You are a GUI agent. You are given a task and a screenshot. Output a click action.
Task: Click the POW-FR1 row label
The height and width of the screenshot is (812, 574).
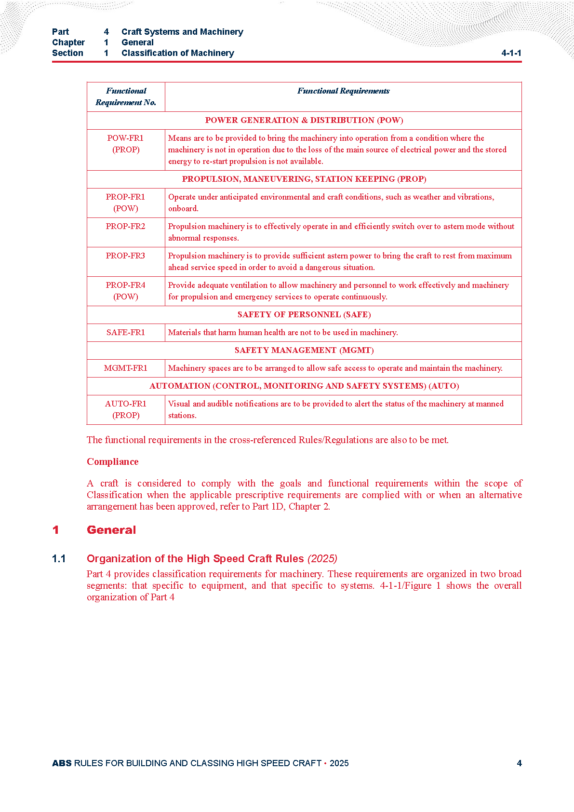click(125, 138)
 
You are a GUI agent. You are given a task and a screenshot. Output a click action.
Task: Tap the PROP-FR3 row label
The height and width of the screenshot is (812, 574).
click(125, 256)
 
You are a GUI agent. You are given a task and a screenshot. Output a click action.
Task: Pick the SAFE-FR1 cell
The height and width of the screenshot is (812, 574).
click(125, 333)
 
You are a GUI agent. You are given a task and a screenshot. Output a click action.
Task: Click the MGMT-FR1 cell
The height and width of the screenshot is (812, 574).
click(125, 368)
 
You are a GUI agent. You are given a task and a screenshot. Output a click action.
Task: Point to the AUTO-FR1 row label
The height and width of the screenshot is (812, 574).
click(125, 404)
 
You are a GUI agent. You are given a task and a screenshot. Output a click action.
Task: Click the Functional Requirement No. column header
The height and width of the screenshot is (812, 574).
click(126, 96)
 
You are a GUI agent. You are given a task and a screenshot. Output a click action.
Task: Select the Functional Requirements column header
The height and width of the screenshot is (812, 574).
click(343, 91)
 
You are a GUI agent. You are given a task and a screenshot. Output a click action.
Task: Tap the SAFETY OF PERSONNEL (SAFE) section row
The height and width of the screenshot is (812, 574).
click(304, 315)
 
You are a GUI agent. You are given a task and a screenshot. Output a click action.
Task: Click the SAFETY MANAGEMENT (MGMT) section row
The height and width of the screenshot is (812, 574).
click(304, 351)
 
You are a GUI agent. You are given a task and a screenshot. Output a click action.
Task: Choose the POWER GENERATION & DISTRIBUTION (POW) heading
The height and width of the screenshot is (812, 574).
click(304, 121)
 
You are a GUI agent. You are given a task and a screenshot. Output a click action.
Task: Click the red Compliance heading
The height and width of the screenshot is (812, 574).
click(112, 462)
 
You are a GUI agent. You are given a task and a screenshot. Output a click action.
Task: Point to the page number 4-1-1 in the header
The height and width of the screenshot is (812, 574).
click(511, 53)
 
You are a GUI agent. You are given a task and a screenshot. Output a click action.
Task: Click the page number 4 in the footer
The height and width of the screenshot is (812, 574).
click(519, 763)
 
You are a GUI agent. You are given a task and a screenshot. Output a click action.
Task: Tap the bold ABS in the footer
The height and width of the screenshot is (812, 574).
click(62, 763)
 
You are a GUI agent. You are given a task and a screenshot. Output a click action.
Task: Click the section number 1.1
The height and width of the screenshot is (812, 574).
click(59, 559)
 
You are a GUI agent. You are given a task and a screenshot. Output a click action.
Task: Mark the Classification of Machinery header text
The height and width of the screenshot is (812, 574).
click(177, 53)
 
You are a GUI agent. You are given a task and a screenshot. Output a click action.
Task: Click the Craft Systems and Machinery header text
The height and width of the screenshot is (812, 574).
click(182, 32)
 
